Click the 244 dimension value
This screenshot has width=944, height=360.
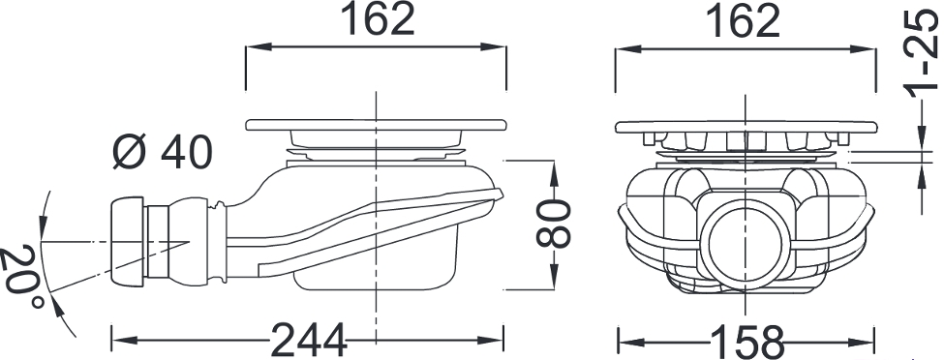click(309, 341)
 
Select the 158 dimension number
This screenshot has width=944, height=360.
click(747, 343)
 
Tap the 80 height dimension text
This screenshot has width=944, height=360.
click(553, 225)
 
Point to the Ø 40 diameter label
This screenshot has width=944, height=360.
click(163, 151)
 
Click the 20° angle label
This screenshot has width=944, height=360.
click(22, 276)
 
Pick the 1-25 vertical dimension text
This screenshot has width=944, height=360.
click(922, 54)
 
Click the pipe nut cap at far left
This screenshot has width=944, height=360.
click(127, 241)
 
